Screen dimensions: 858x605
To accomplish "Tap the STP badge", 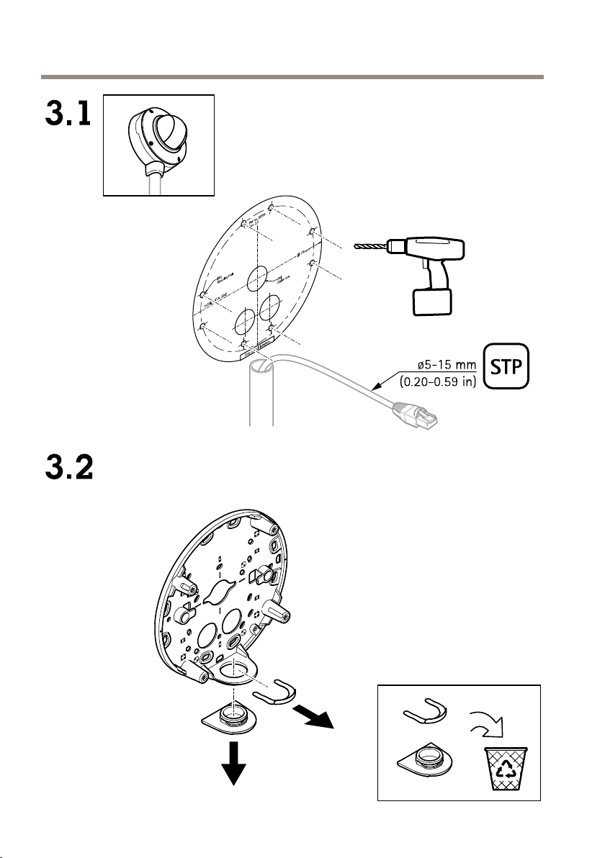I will click(506, 368).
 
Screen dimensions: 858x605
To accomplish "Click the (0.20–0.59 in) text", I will click(438, 381).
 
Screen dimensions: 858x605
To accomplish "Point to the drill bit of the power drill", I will click(372, 247).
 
